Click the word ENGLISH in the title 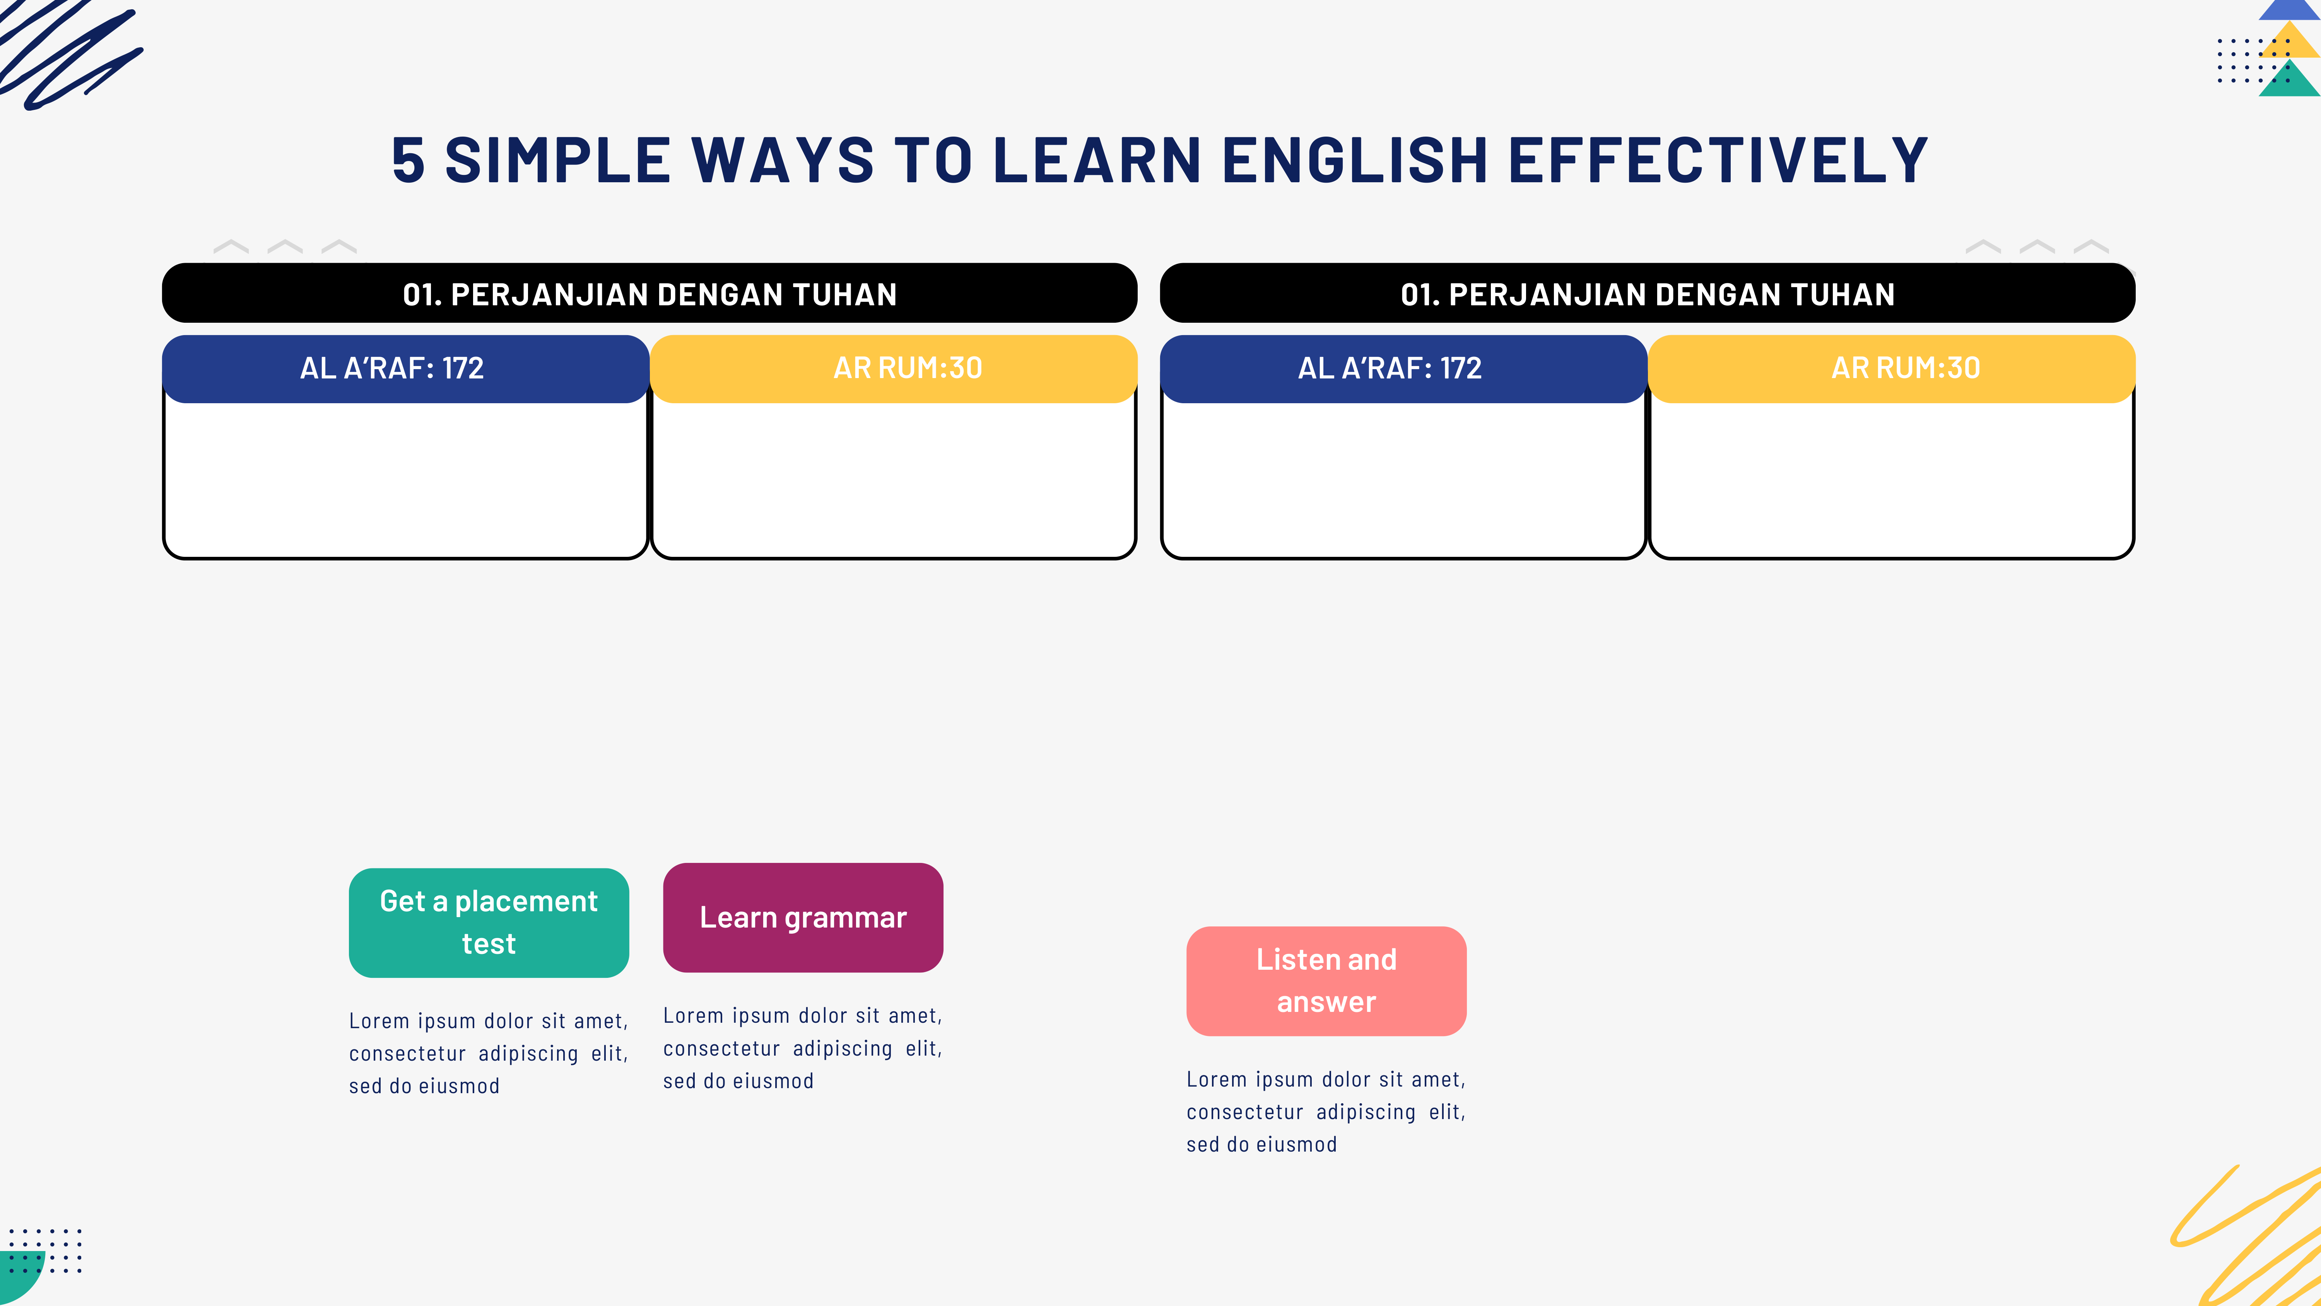tap(1354, 161)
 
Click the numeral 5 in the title tap(408, 161)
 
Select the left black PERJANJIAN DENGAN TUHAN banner tap(649, 293)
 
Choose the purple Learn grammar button tap(803, 917)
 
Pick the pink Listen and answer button tap(1326, 981)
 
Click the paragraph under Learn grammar tap(803, 1048)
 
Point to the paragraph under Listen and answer tap(1326, 1111)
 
